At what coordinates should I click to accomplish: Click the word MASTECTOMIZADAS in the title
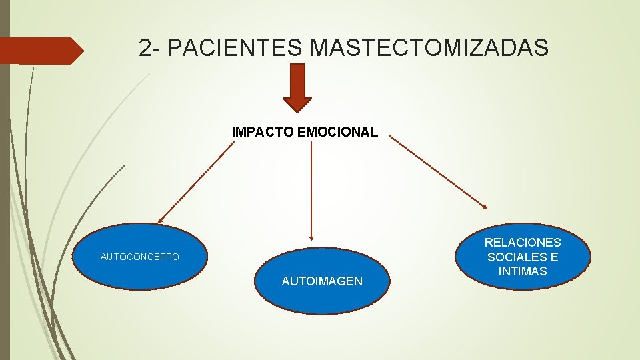pyautogui.click(x=429, y=47)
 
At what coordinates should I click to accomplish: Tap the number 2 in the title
pyautogui.click(x=146, y=47)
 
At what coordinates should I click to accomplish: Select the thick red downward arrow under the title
pyautogui.click(x=297, y=87)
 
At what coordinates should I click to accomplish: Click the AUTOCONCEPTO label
pyautogui.click(x=139, y=257)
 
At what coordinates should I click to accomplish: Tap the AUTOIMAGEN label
pyautogui.click(x=322, y=281)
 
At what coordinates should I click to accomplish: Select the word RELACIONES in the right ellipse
pyautogui.click(x=523, y=243)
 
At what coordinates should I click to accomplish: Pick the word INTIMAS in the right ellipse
pyautogui.click(x=523, y=271)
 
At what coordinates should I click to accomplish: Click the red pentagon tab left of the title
pyautogui.click(x=40, y=51)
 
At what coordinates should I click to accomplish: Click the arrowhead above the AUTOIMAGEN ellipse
pyautogui.click(x=311, y=236)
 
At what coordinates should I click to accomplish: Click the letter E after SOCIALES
pyautogui.click(x=555, y=257)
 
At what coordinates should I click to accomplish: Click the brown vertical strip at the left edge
pyautogui.click(x=5, y=200)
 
